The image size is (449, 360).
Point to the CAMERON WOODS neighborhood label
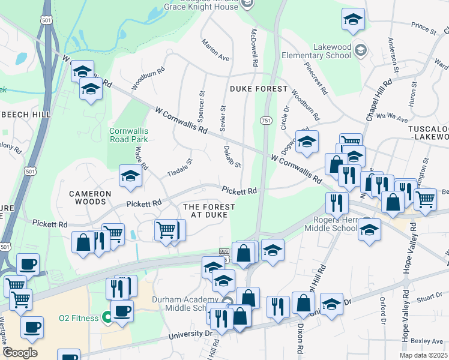click(90, 198)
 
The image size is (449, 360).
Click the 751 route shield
click(265, 121)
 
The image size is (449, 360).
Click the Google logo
click(20, 353)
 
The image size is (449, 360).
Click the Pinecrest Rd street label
click(316, 79)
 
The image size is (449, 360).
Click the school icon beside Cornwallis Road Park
click(130, 176)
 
